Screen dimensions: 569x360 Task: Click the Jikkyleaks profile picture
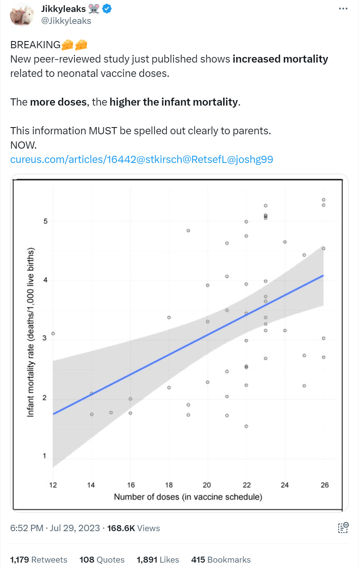22,15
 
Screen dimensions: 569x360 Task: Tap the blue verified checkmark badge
107,9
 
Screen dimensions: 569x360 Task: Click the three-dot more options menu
343,9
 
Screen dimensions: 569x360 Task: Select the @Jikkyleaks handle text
66,21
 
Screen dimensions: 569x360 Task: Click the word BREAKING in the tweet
35,45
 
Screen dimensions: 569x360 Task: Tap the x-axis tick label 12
53,485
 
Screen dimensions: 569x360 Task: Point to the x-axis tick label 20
207,485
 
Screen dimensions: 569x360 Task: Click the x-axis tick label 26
325,485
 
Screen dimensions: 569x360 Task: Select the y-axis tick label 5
45,221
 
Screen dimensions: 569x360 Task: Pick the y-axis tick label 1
45,456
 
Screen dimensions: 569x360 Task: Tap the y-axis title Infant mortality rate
31,332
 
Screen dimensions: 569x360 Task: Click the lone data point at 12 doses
53,334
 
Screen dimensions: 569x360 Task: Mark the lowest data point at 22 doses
246,426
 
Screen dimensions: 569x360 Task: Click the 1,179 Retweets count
39,560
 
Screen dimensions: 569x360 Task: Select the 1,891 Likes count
157,560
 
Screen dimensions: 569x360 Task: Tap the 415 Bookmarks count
221,560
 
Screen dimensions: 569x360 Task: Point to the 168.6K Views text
133,528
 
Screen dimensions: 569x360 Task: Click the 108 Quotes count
102,560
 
